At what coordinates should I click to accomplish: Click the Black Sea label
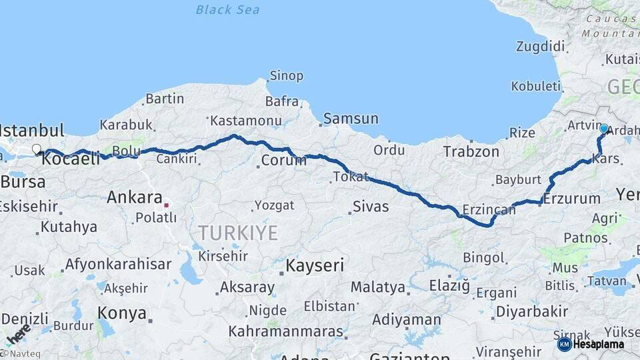pyautogui.click(x=227, y=10)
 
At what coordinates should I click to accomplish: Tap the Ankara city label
pyautogui.click(x=135, y=197)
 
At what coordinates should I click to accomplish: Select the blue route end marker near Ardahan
pyautogui.click(x=604, y=129)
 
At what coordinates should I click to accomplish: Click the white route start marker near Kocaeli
pyautogui.click(x=37, y=150)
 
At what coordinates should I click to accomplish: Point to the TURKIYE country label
pyautogui.click(x=238, y=233)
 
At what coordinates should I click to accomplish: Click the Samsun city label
pyautogui.click(x=351, y=119)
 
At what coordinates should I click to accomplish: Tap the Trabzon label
pyautogui.click(x=471, y=152)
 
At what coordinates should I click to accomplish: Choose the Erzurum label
pyautogui.click(x=572, y=199)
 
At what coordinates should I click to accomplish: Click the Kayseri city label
pyautogui.click(x=315, y=266)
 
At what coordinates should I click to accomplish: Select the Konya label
pyautogui.click(x=122, y=313)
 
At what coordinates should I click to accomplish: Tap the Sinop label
pyautogui.click(x=286, y=76)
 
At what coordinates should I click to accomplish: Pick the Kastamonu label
pyautogui.click(x=245, y=121)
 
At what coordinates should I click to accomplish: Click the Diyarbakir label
pyautogui.click(x=532, y=311)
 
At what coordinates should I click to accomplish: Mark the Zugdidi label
pyautogui.click(x=540, y=47)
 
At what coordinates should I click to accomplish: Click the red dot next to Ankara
pyautogui.click(x=166, y=205)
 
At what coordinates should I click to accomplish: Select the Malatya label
pyautogui.click(x=378, y=287)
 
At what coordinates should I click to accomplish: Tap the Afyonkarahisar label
pyautogui.click(x=118, y=264)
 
